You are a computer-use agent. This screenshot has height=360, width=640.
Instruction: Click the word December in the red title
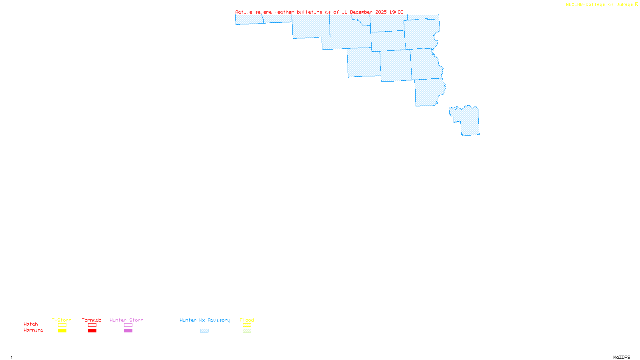(361, 12)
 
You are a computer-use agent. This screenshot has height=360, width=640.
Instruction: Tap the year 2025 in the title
(381, 12)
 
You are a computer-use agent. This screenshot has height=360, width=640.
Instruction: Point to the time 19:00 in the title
(396, 12)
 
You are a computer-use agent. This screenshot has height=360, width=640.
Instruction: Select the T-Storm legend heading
(62, 320)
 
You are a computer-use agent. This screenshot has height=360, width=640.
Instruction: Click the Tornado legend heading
(92, 320)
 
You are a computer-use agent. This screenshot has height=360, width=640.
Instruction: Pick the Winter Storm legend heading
(126, 320)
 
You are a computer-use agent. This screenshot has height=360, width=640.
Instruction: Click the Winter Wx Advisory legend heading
(205, 320)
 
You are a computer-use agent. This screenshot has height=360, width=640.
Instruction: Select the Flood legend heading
(247, 320)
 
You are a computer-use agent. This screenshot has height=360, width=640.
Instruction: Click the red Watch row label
(31, 324)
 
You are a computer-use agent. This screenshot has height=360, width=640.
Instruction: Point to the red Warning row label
(34, 330)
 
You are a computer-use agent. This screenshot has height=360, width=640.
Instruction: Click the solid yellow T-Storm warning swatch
(62, 331)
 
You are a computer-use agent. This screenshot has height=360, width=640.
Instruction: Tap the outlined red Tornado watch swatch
(92, 325)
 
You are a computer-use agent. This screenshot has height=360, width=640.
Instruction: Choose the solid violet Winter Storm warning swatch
(128, 331)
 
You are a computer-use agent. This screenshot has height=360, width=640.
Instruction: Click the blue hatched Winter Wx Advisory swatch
(204, 331)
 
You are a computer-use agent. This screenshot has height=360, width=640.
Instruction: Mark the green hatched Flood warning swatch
(247, 331)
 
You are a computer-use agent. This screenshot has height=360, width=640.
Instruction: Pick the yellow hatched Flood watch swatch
(247, 325)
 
